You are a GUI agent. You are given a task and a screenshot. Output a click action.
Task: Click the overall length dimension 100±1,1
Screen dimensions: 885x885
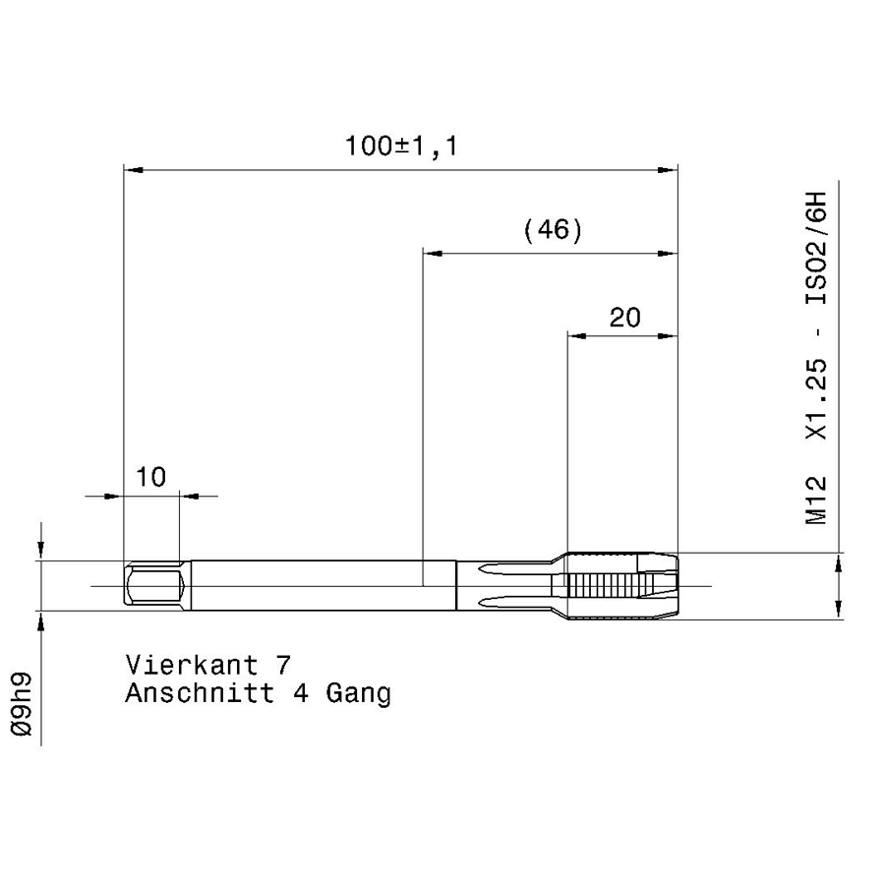(401, 147)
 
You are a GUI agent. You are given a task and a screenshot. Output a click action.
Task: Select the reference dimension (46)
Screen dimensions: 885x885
(553, 230)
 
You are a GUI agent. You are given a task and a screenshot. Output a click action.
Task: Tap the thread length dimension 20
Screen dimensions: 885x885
(624, 318)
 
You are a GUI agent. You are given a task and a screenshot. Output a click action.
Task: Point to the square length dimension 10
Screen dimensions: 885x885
(151, 478)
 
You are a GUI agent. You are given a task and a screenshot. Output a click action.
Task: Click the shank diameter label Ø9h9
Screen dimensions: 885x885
(22, 704)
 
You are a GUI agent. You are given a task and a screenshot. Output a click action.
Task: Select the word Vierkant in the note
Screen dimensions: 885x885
(192, 665)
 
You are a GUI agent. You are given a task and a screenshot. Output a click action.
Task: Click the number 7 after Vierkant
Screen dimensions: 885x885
(283, 665)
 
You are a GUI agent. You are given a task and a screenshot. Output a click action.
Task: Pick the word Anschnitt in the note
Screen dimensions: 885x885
(200, 692)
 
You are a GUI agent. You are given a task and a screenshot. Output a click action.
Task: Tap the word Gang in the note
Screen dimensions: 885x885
(358, 693)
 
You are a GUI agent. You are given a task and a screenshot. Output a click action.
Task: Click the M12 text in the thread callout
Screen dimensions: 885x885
(816, 501)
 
